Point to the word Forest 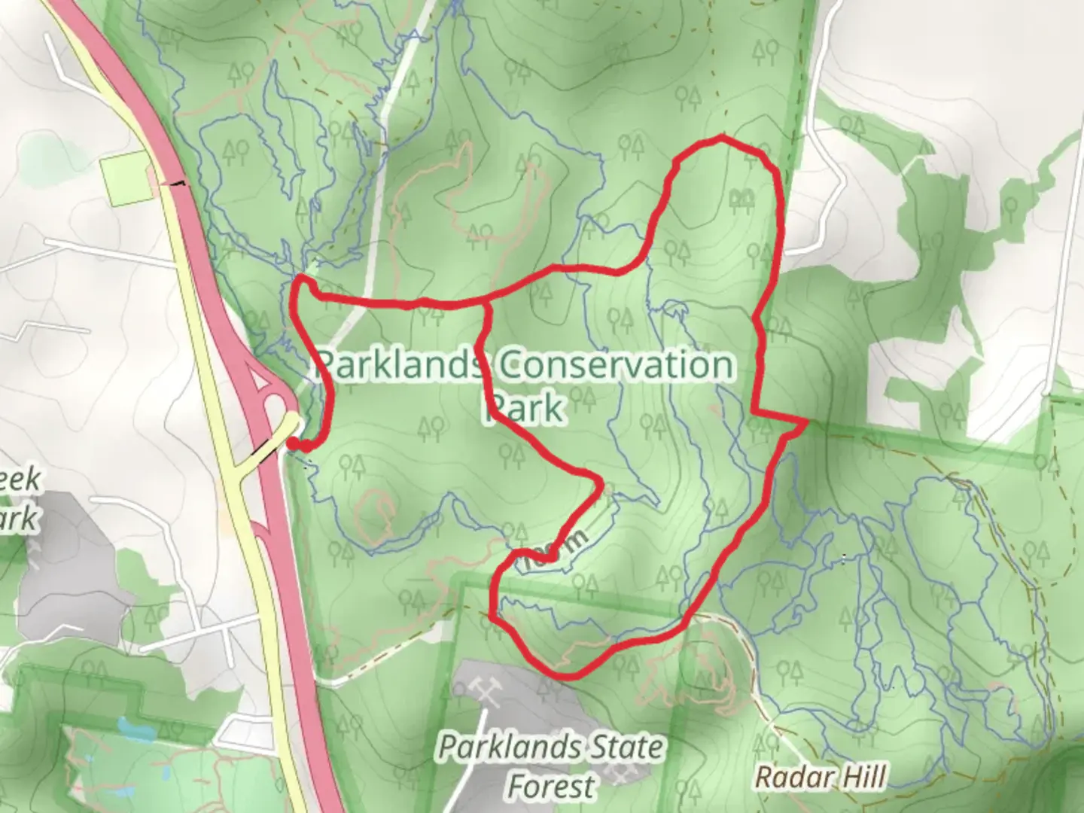(550, 786)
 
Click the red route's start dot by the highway (291, 446)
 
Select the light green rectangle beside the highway (129, 178)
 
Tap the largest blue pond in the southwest (132, 729)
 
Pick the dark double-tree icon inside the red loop (741, 199)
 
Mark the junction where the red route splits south (486, 302)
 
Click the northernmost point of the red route (721, 137)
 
